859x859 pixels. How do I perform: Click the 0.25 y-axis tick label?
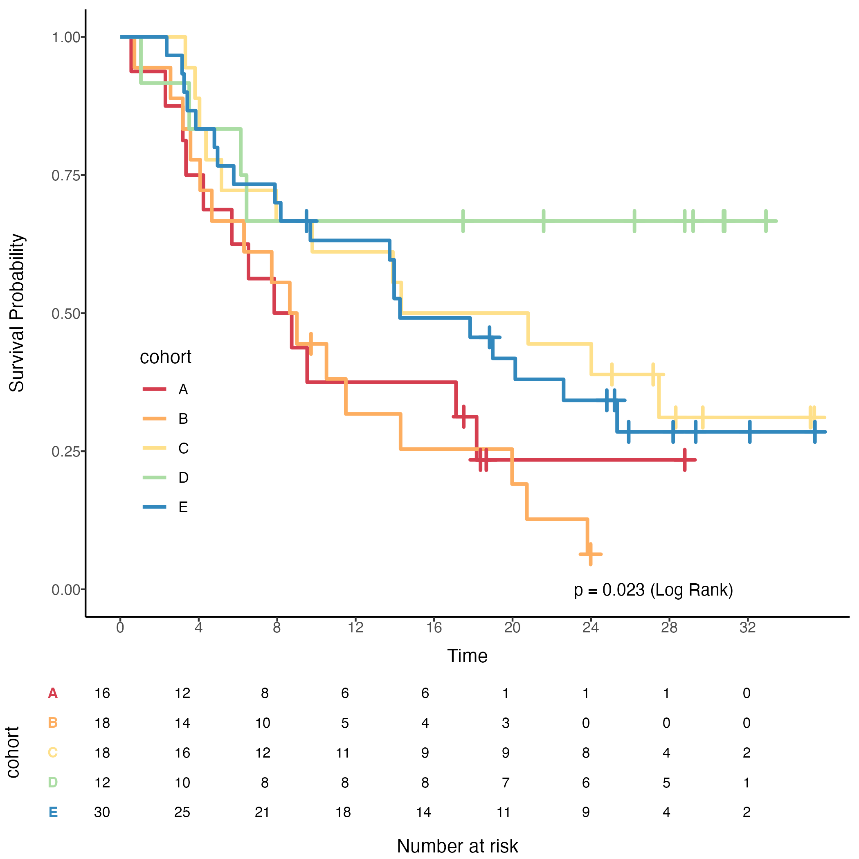67,452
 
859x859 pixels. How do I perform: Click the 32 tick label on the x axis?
748,627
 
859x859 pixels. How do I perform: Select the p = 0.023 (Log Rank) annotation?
653,590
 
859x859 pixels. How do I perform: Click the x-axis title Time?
467,656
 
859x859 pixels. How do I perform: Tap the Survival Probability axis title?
17,313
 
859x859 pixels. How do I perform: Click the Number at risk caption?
457,846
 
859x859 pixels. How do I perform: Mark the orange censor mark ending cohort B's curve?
590,554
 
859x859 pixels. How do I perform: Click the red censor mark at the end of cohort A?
685,460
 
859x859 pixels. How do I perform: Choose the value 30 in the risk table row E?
102,812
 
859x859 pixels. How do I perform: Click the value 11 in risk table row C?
343,753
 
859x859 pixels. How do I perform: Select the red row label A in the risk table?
53,693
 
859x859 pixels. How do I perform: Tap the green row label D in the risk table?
53,783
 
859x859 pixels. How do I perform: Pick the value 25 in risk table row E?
182,812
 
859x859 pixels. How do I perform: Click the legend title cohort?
165,357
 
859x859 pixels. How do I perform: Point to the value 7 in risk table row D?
506,783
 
